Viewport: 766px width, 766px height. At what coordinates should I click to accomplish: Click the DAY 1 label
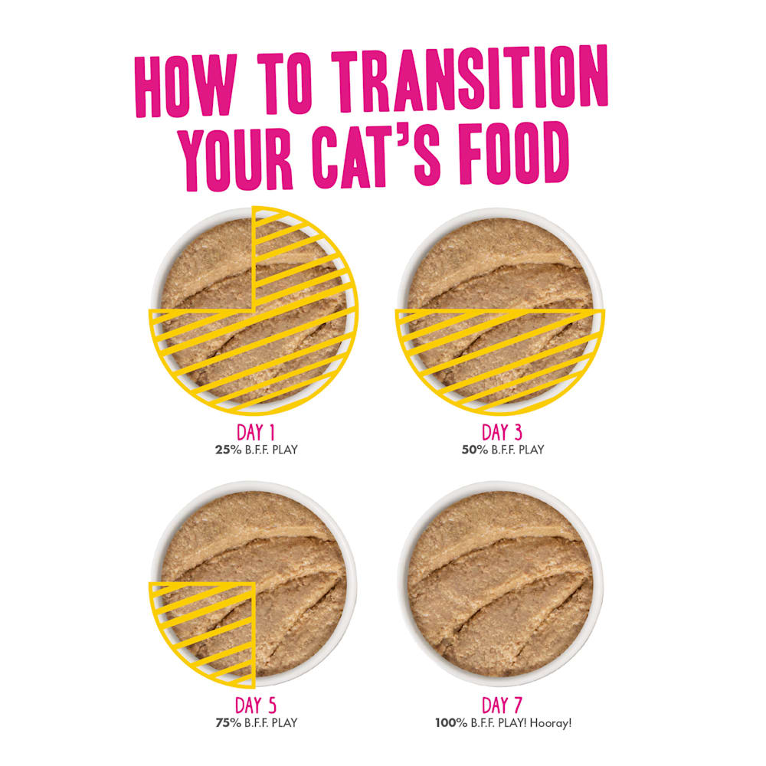pos(256,433)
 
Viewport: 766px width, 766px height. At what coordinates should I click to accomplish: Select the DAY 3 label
pos(502,432)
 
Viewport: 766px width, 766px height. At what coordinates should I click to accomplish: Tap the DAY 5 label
pos(256,705)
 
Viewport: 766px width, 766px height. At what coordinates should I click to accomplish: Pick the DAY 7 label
pos(502,705)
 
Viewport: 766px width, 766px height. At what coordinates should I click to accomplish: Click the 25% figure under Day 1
pos(228,450)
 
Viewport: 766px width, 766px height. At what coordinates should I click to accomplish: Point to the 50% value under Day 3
pos(475,450)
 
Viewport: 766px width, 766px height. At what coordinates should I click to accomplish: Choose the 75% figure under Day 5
pos(228,723)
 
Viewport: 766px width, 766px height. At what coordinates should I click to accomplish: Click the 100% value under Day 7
pos(451,723)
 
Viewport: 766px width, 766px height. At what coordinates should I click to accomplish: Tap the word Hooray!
pos(551,723)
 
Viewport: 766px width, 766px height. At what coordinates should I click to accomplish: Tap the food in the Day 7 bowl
pos(500,584)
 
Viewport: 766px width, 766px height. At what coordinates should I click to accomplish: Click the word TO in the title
pos(285,82)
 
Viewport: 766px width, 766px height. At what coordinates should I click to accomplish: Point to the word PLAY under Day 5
pos(284,723)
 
